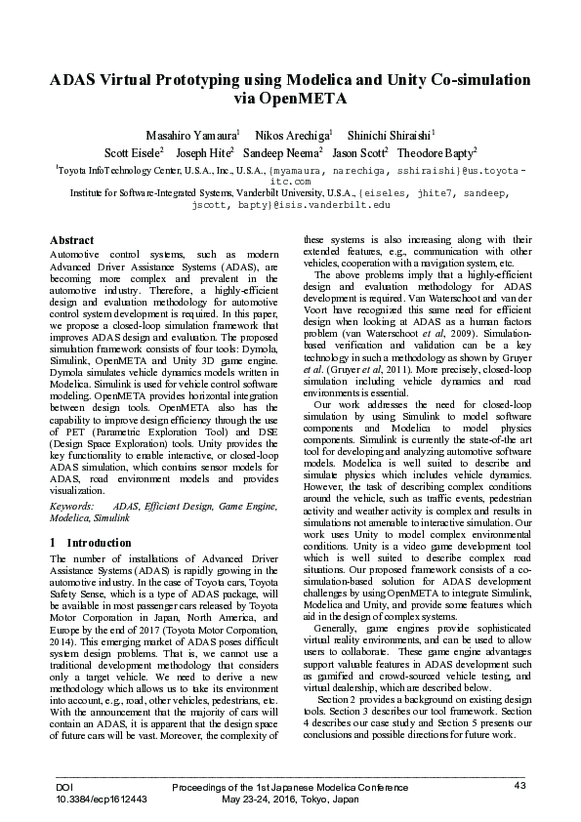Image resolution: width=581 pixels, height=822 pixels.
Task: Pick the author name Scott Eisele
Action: pyautogui.click(x=133, y=153)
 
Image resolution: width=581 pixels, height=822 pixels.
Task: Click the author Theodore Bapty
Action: pyautogui.click(x=436, y=153)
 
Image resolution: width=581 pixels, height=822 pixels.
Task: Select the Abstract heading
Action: pyautogui.click(x=71, y=240)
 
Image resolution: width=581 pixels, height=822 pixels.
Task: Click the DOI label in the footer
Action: pyautogui.click(x=64, y=786)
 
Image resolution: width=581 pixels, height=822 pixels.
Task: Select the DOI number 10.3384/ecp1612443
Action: pyautogui.click(x=102, y=799)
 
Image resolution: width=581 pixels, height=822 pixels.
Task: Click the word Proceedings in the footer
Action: pyautogui.click(x=198, y=786)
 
